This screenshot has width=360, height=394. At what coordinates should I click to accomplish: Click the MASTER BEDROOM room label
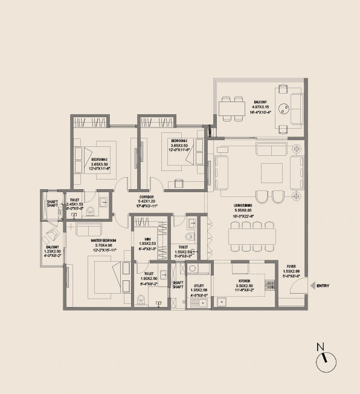[103, 241]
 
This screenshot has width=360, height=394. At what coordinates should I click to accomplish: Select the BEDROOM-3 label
[179, 140]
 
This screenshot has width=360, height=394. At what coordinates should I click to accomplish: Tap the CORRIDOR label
[147, 197]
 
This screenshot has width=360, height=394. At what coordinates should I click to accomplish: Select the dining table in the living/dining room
[252, 235]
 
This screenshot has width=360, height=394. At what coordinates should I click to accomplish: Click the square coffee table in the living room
[269, 172]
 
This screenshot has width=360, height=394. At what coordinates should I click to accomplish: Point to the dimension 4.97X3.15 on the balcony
[260, 106]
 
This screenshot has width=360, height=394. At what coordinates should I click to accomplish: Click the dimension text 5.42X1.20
[147, 202]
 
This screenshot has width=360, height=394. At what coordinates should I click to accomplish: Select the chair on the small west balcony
[53, 235]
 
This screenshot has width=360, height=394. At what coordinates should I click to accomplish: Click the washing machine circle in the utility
[192, 268]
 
